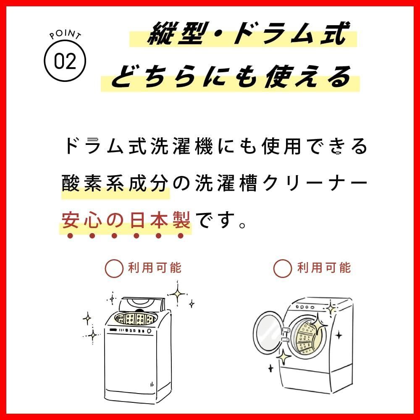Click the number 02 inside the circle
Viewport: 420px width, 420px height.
(65, 61)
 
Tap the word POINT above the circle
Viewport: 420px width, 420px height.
(65, 34)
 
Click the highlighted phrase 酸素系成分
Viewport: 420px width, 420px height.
(115, 183)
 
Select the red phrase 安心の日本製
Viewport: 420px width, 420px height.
(126, 220)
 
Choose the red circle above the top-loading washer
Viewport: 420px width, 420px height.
(114, 268)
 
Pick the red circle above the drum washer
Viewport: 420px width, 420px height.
(282, 268)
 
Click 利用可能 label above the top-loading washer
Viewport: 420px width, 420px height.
(155, 268)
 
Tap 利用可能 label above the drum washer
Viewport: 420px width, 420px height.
(324, 268)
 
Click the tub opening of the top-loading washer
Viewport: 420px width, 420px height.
(136, 319)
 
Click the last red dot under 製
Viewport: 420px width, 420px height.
(181, 236)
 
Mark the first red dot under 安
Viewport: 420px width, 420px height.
(70, 236)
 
